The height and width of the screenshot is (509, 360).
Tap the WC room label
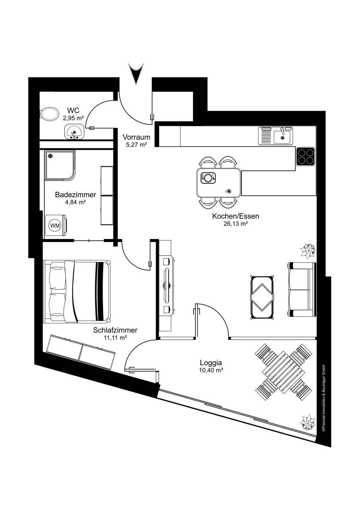click(x=73, y=110)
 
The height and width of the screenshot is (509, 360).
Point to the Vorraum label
click(x=137, y=137)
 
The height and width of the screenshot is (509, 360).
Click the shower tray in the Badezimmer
click(x=60, y=165)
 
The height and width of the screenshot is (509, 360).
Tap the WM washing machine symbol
click(x=55, y=226)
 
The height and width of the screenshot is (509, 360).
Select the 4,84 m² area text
click(x=75, y=202)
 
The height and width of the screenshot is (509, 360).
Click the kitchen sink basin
click(x=282, y=136)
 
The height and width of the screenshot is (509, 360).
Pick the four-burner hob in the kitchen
click(x=306, y=156)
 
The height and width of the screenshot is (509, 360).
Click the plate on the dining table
click(x=208, y=178)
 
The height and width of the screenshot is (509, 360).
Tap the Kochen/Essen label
click(x=236, y=216)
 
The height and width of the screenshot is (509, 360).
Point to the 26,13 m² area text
click(x=236, y=224)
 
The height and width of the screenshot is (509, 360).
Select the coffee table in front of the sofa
click(x=262, y=298)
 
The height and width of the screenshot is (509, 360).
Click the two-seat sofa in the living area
click(x=302, y=289)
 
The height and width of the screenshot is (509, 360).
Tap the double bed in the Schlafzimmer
click(x=77, y=291)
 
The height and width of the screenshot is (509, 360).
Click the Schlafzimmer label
click(x=115, y=330)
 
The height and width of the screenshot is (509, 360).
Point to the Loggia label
click(x=211, y=363)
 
